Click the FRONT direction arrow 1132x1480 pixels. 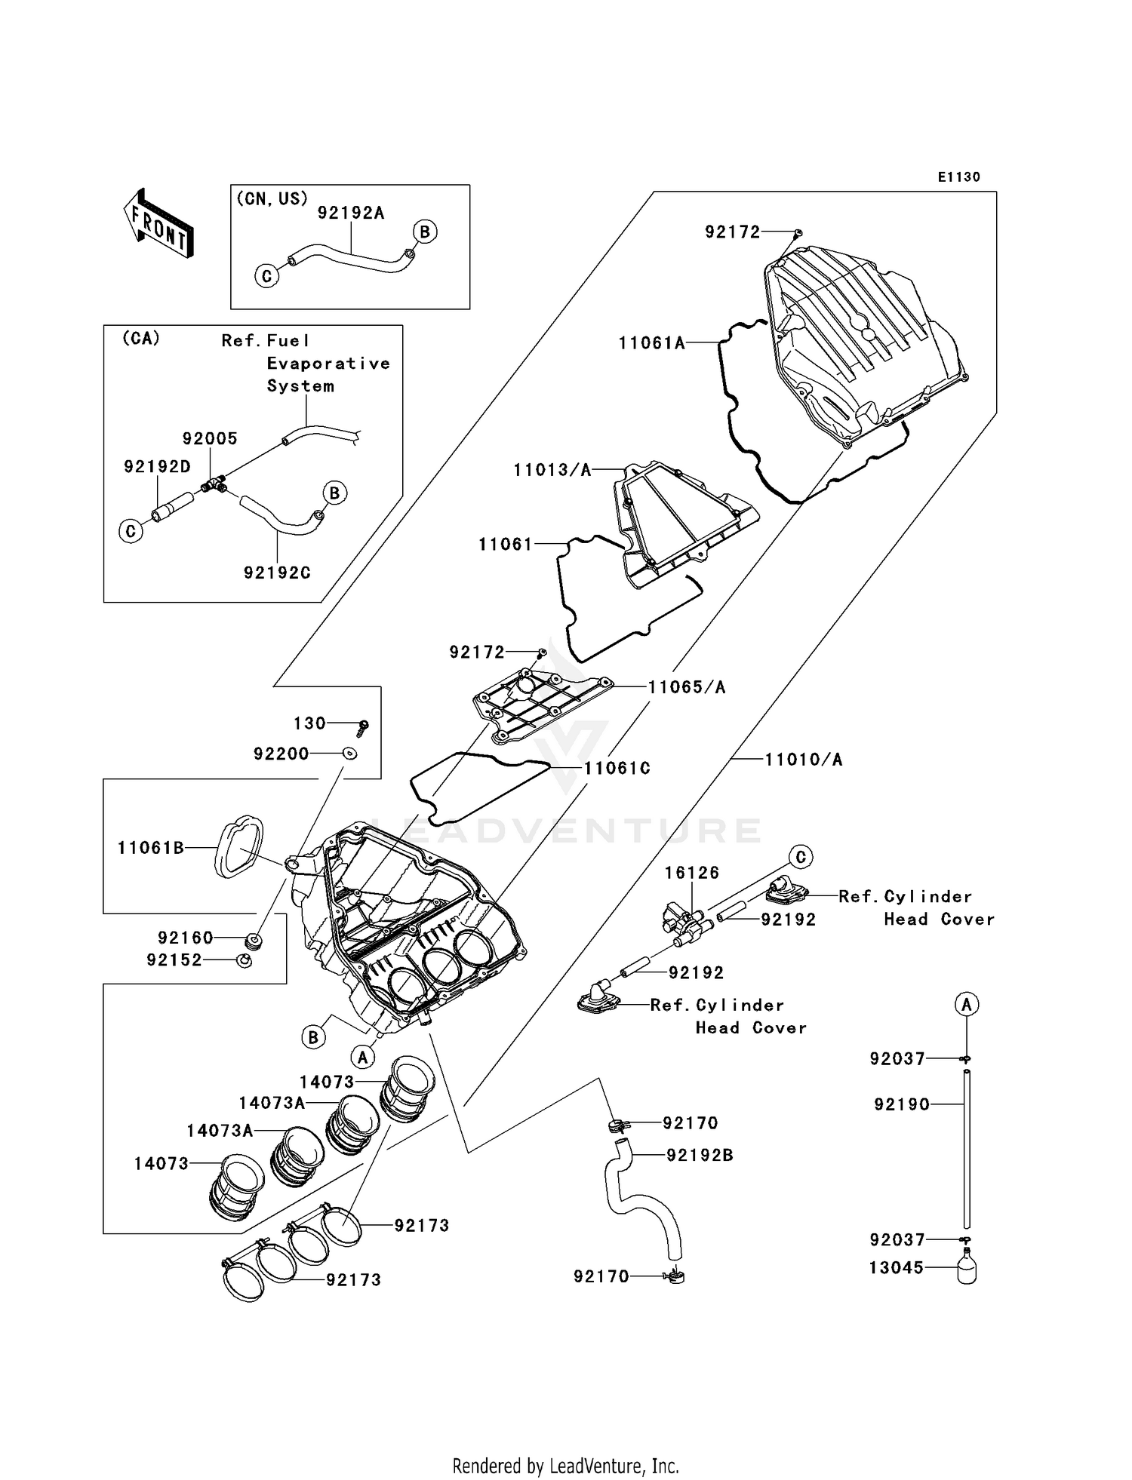click(158, 224)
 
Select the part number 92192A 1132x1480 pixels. click(351, 213)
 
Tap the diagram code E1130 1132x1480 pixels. click(958, 177)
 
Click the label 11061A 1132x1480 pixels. click(651, 343)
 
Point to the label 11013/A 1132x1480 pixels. click(552, 470)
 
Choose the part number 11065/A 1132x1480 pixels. click(687, 687)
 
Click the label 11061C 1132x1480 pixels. click(617, 768)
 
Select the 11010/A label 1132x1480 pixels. click(803, 760)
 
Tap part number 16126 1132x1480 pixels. click(691, 873)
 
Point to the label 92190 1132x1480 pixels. click(901, 1104)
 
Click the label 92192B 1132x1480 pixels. click(699, 1155)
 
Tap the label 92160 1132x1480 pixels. click(186, 938)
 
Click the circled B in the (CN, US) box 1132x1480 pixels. click(425, 232)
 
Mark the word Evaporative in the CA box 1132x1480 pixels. click(328, 364)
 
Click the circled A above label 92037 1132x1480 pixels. click(967, 1004)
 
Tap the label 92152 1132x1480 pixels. click(174, 960)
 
